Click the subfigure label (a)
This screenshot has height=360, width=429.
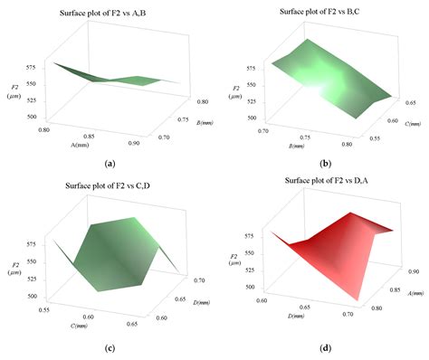110,163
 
